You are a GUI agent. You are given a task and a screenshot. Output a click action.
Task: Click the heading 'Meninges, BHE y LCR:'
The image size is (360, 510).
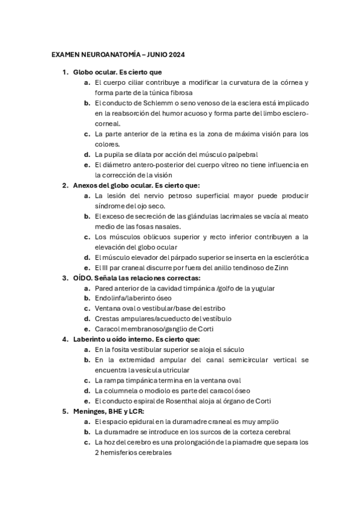(x=112, y=411)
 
